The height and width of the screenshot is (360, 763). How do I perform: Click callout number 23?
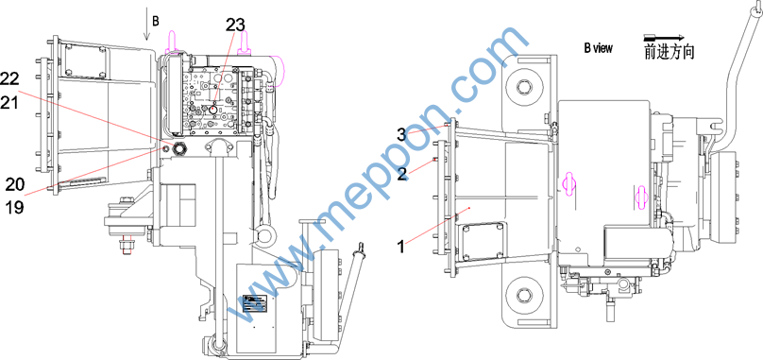[235, 25]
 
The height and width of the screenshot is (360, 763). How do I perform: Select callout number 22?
[10, 77]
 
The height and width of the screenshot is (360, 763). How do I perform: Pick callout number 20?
[15, 184]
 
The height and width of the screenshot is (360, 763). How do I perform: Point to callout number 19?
[15, 207]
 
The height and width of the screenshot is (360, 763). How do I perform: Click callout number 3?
[401, 135]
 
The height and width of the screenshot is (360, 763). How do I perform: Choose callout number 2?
[402, 174]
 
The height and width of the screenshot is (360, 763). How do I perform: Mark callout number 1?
[401, 247]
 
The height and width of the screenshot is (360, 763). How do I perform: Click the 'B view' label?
[598, 48]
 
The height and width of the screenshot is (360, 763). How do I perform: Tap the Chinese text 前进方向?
[670, 53]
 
